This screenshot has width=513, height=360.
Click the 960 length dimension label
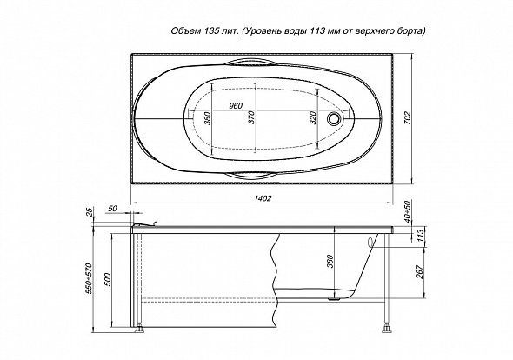(x=236, y=106)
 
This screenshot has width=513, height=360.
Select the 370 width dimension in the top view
(x=251, y=117)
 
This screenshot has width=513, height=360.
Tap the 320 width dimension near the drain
(x=313, y=117)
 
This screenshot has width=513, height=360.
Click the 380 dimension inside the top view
(x=207, y=118)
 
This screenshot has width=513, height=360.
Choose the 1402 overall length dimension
(x=263, y=198)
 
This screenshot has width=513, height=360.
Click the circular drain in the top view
(x=335, y=117)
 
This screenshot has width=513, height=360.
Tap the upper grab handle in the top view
(x=252, y=62)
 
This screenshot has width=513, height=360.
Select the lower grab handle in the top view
(x=252, y=175)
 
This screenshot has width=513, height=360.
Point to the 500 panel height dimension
(x=109, y=279)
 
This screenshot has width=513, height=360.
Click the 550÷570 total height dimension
(x=89, y=278)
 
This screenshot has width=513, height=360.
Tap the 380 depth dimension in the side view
(x=330, y=261)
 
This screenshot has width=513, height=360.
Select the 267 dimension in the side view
(x=420, y=272)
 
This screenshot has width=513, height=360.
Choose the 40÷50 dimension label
(x=407, y=212)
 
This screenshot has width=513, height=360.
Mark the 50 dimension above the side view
(x=112, y=209)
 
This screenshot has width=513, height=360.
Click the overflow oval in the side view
(x=371, y=243)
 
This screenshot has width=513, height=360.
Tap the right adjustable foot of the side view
(x=388, y=328)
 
